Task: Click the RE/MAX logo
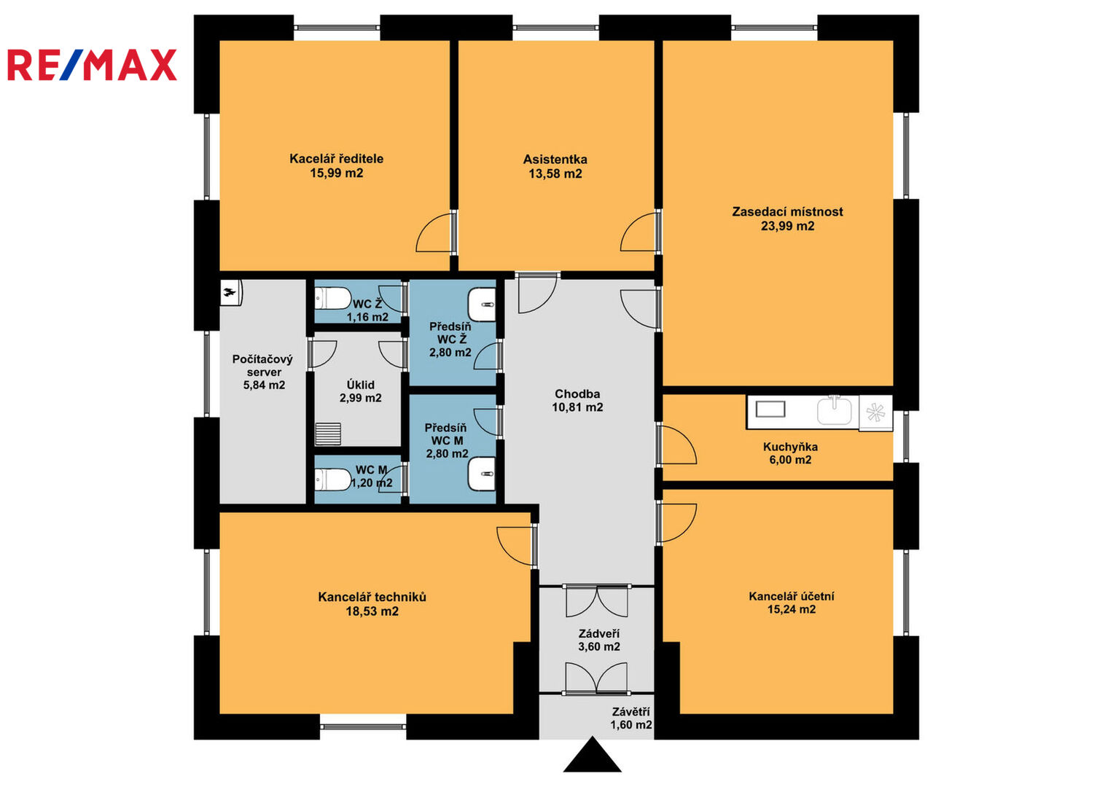(x=92, y=65)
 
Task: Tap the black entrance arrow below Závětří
(x=592, y=755)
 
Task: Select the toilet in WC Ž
(x=332, y=299)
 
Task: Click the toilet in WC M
(x=332, y=480)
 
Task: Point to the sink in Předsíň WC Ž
(x=482, y=305)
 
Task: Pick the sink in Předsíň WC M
(x=482, y=474)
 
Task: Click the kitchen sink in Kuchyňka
(x=835, y=410)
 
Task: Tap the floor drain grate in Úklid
(x=328, y=434)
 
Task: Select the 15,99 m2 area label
(x=337, y=173)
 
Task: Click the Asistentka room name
(x=555, y=160)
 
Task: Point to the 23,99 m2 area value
(x=787, y=226)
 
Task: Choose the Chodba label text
(x=577, y=394)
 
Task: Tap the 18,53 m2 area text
(x=372, y=611)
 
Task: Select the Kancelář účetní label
(x=792, y=596)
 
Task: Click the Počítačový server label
(x=263, y=365)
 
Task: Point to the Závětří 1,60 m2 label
(x=631, y=719)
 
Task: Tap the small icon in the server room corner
(x=231, y=292)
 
